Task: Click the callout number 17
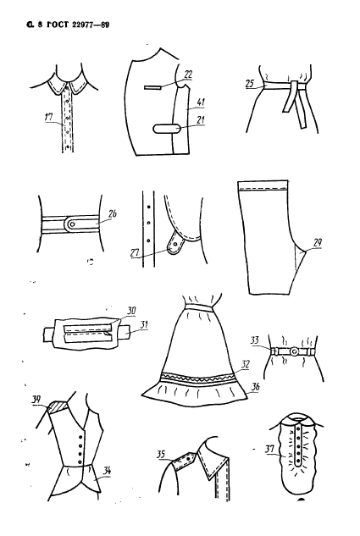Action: (49, 117)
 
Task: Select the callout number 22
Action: (188, 75)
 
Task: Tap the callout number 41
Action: (201, 102)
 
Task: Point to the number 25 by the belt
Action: (250, 84)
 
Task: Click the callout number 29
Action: (318, 243)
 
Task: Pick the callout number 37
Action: (269, 449)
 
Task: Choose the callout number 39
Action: (36, 400)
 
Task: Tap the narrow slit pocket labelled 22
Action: (152, 87)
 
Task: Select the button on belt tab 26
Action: (72, 224)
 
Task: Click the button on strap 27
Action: (175, 245)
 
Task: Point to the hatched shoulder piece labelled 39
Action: (58, 406)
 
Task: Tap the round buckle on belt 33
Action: (294, 351)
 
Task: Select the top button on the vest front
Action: (80, 436)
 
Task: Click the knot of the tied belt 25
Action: (294, 86)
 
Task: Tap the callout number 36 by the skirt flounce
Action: (255, 386)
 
